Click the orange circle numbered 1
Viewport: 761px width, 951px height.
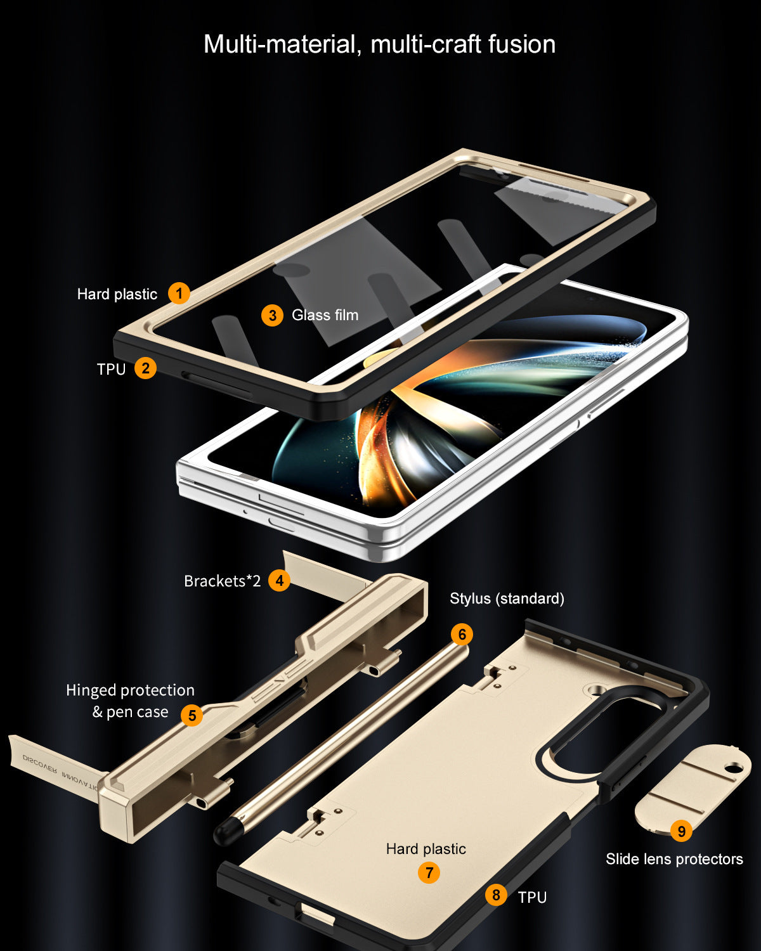click(x=179, y=293)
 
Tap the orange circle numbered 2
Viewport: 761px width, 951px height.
click(x=145, y=368)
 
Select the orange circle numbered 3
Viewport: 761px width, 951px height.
click(x=273, y=315)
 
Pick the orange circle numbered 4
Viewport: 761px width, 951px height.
click(x=280, y=580)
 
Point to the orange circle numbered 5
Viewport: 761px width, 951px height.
click(x=192, y=715)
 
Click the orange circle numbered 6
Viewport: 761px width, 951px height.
click(x=462, y=634)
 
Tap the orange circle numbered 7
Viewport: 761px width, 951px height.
click(x=429, y=872)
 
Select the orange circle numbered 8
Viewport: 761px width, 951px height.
click(x=496, y=895)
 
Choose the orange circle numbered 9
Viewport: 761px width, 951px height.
click(x=681, y=831)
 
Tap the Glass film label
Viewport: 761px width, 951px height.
click(x=325, y=315)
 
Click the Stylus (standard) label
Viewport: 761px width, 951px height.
click(x=507, y=598)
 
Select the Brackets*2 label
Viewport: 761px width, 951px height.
click(x=223, y=581)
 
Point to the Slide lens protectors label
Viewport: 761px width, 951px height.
click(x=674, y=858)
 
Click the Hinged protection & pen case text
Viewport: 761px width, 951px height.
click(x=130, y=701)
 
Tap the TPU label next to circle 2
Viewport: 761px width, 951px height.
click(x=112, y=369)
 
